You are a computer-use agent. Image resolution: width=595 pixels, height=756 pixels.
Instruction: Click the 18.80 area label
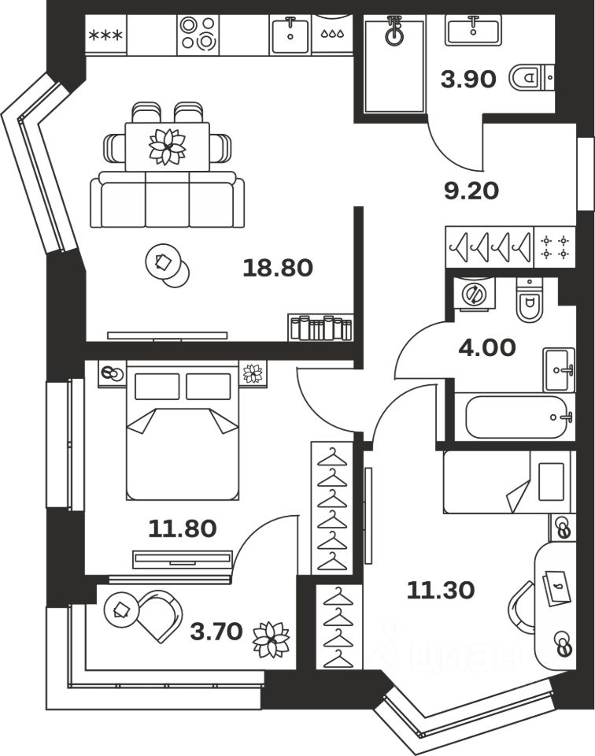tap(278, 268)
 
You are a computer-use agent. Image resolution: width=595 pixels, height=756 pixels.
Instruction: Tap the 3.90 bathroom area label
tap(468, 79)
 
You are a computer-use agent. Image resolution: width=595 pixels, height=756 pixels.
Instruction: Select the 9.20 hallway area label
tap(471, 191)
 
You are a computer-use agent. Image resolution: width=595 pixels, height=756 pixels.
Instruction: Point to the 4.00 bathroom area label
tap(487, 347)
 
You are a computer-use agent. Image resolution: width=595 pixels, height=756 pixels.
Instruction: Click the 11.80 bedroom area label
tap(183, 529)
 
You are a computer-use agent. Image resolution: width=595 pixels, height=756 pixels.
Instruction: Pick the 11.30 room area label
tap(441, 590)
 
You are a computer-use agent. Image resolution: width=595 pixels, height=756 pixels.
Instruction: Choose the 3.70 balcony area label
tap(216, 631)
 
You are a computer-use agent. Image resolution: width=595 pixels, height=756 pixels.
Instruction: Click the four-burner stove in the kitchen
tap(198, 34)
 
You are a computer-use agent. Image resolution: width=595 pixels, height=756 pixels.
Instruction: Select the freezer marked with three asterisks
tap(106, 35)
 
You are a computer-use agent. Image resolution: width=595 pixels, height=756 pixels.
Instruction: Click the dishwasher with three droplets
tap(333, 34)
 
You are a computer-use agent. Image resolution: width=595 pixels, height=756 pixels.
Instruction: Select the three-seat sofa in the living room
tap(167, 199)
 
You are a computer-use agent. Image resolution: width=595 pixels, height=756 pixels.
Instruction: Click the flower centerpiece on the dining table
tap(167, 146)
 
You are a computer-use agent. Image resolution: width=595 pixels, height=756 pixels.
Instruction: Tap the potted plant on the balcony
tap(272, 639)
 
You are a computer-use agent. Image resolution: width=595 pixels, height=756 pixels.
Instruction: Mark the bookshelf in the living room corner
tap(321, 328)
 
